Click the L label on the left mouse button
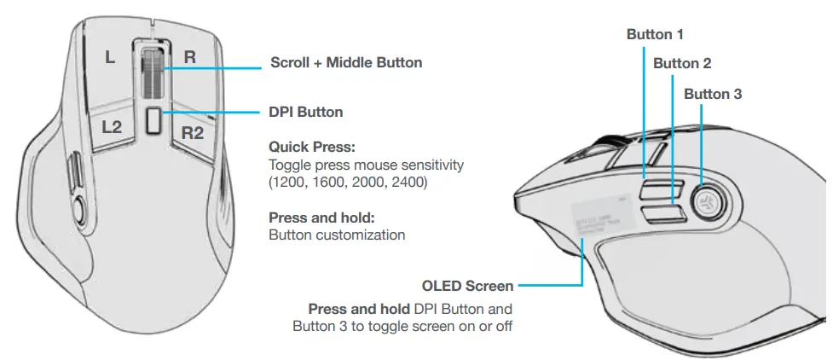tap(109, 58)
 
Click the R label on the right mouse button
tap(190, 58)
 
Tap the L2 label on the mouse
tap(113, 128)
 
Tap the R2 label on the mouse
tap(193, 132)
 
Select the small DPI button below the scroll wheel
tap(153, 121)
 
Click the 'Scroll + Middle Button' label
tap(345, 62)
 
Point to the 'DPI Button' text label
tap(306, 112)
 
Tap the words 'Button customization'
tap(337, 235)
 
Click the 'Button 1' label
tap(655, 35)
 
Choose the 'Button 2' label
tap(682, 63)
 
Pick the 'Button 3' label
tap(713, 94)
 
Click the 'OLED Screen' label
tap(468, 286)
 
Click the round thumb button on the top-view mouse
tap(80, 205)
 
